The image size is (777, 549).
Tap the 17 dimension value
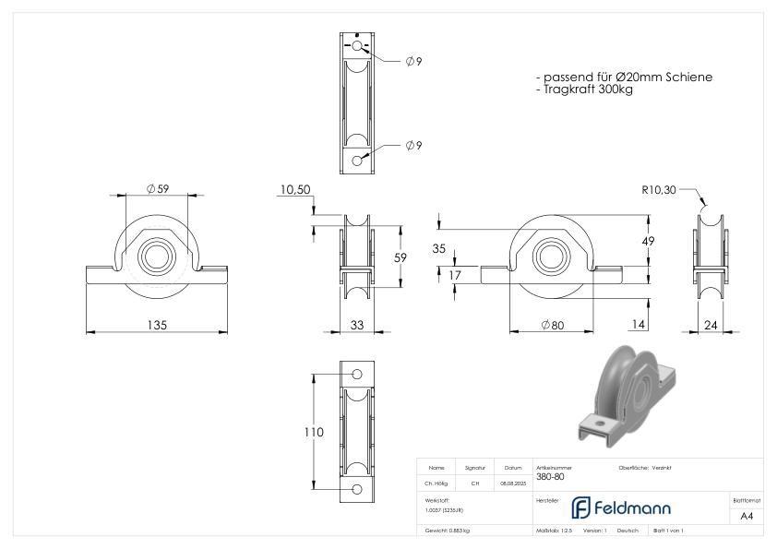[x=456, y=274]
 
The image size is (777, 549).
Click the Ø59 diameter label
[x=156, y=189]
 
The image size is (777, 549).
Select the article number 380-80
[x=550, y=477]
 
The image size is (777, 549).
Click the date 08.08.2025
[x=513, y=483]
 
